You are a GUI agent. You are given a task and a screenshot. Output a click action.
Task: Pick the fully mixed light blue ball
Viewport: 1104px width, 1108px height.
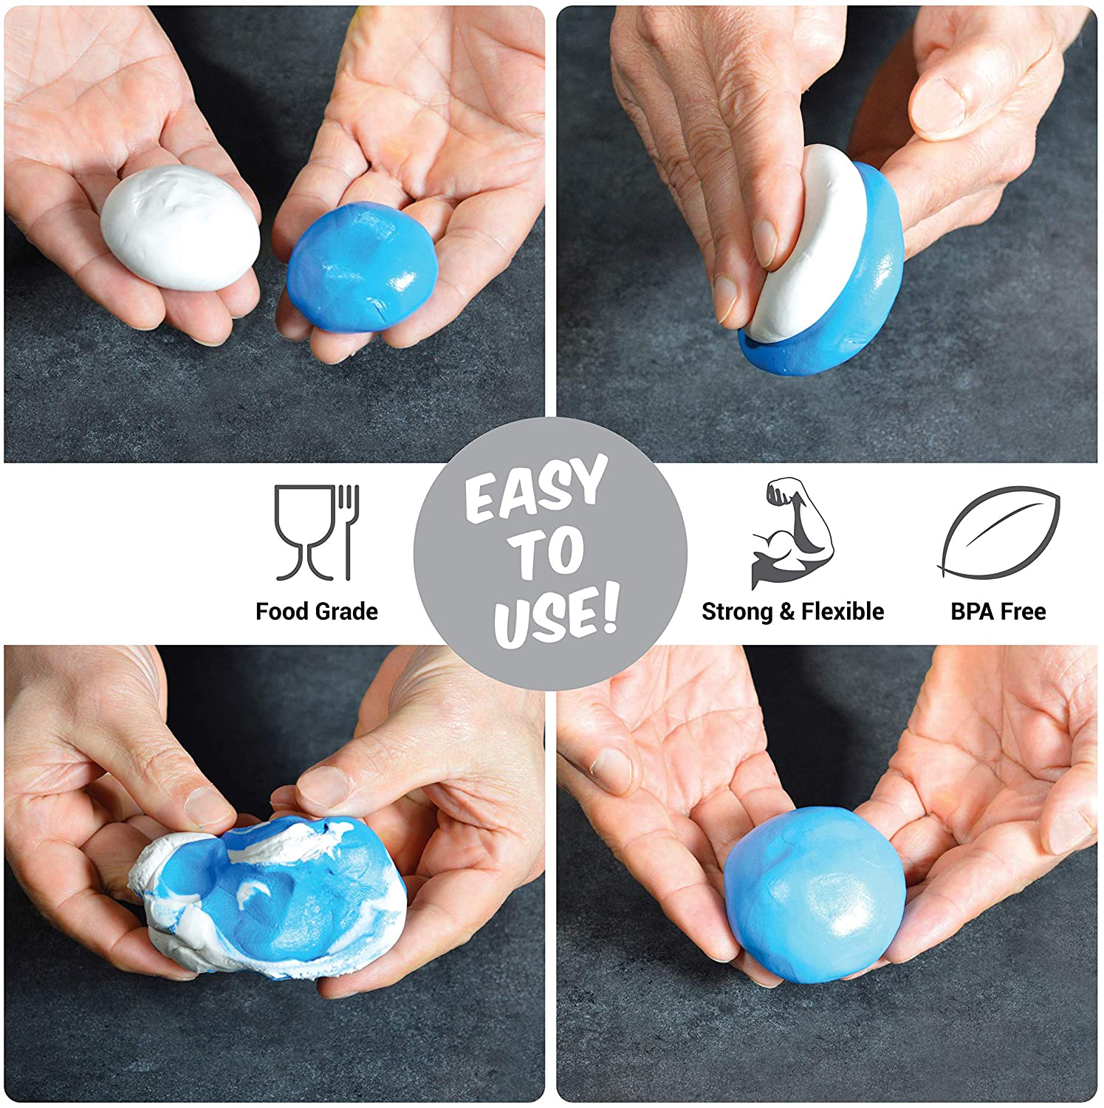[x=814, y=895]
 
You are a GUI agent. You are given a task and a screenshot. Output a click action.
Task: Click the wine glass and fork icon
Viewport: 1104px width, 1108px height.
[x=317, y=532]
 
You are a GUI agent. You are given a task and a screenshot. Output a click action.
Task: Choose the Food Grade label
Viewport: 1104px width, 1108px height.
[x=317, y=612]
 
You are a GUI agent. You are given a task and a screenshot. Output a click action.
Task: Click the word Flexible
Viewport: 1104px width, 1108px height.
[x=843, y=612]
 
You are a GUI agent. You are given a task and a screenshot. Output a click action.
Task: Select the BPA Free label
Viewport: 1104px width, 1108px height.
[x=998, y=612]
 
